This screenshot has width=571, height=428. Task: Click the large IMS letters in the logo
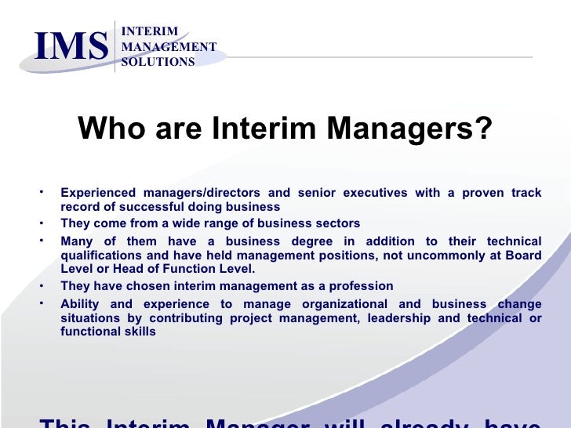(71, 46)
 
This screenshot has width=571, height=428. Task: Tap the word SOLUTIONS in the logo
(158, 62)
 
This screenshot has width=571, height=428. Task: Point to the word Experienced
(98, 193)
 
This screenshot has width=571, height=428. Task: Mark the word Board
(522, 256)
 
